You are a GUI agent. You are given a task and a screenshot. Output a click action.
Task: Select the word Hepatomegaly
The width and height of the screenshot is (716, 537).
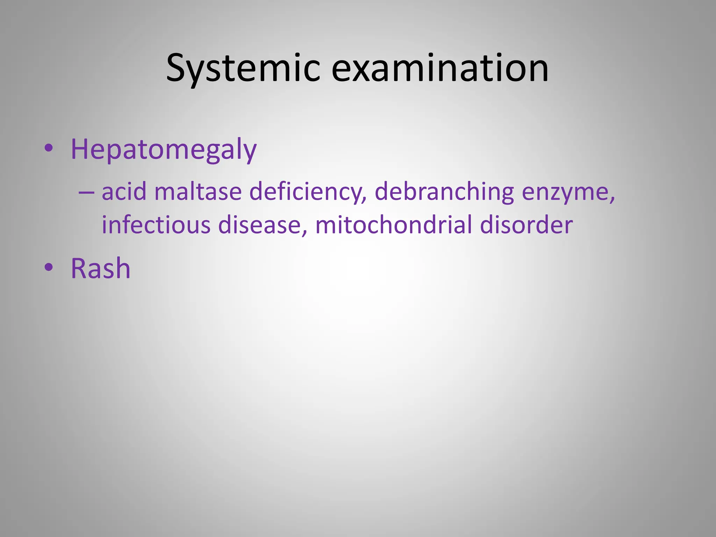pos(164,150)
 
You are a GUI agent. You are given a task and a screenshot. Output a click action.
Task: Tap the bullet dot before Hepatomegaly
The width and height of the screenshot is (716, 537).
pos(49,148)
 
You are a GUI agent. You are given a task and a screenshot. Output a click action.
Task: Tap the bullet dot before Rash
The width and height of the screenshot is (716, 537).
pos(49,267)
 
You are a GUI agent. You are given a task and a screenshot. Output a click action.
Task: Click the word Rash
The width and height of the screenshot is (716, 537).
pos(101,268)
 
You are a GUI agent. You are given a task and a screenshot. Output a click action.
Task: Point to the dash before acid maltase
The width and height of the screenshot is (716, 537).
pos(86,192)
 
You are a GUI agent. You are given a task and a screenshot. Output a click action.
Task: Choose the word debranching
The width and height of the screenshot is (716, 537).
pos(444,192)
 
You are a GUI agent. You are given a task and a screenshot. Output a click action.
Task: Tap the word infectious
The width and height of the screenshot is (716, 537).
pos(156,224)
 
